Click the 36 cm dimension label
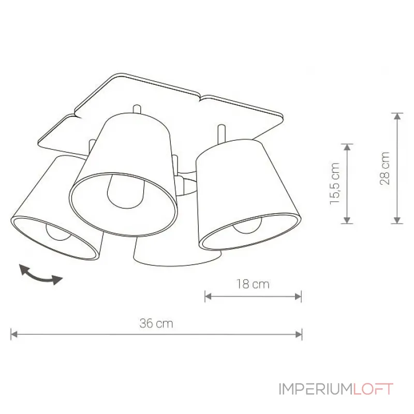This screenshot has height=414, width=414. point(156,323)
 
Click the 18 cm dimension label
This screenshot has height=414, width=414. point(253,284)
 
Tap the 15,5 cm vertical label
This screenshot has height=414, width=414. point(334,184)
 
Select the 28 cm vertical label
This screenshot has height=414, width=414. point(385,168)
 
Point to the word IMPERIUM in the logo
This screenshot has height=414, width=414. point(316,389)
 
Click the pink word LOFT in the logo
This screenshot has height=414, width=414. point(373,389)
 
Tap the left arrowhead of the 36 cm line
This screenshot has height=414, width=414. point(14,334)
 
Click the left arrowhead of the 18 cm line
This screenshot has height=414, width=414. point(209,297)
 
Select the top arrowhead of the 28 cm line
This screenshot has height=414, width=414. point(397,116)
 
